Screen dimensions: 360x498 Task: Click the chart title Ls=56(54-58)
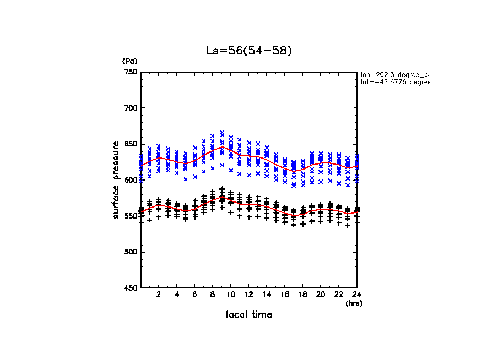(248, 51)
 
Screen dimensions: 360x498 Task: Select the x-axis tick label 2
(159, 294)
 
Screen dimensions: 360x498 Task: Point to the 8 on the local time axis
(213, 294)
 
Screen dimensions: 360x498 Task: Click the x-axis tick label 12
(248, 294)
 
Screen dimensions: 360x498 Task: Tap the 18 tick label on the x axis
(302, 294)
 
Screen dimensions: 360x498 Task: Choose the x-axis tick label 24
(356, 294)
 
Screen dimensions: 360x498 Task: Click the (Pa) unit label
(129, 61)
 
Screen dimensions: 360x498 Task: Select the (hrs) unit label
(353, 303)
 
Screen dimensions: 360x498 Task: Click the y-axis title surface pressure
(116, 180)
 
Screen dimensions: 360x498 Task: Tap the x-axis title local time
(248, 315)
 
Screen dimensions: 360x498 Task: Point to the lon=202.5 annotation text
(394, 74)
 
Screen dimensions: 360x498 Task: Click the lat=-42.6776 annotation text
(394, 82)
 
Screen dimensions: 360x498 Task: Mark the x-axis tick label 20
(321, 294)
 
